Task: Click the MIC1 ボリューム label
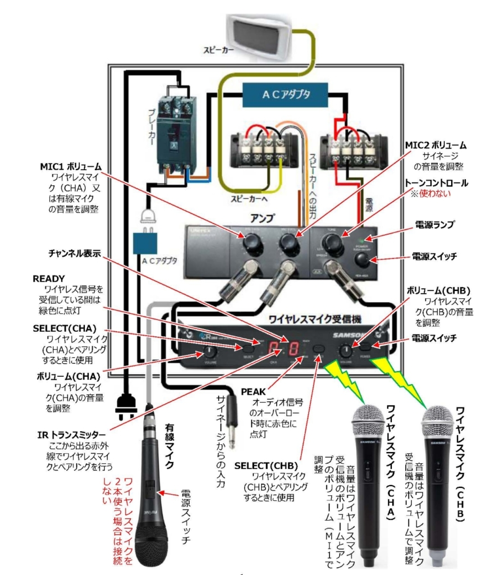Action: tap(71, 167)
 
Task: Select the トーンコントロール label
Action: tap(437, 184)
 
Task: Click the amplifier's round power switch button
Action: tap(363, 259)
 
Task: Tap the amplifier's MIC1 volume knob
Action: tap(250, 243)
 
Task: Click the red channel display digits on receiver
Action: tap(283, 349)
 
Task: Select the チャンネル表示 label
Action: tap(73, 253)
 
